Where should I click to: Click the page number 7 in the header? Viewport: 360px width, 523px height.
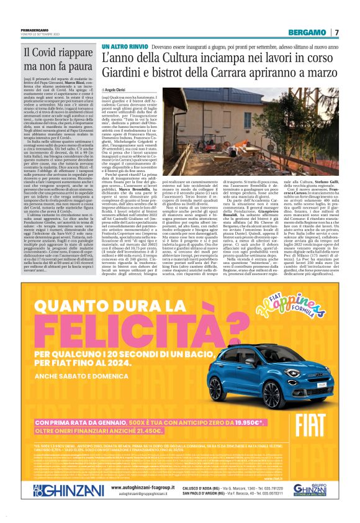tap(338, 32)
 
